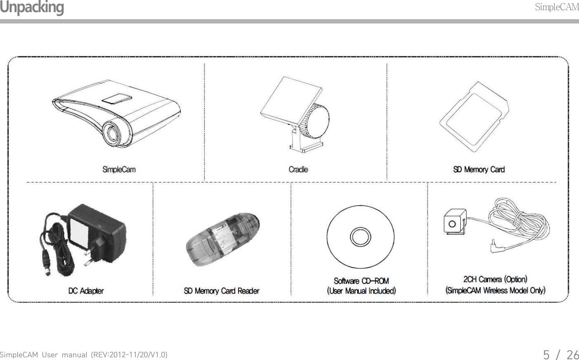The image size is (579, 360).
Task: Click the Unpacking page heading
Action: click(32, 7)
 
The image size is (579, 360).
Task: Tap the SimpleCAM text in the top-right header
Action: click(556, 7)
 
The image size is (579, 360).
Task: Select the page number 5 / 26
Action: click(560, 354)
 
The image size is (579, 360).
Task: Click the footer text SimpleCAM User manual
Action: click(84, 355)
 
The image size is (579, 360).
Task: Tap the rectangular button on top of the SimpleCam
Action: click(116, 98)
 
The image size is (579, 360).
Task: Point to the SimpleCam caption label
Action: click(119, 169)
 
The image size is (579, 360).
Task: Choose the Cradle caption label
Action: click(298, 169)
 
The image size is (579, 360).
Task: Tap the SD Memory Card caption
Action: click(479, 169)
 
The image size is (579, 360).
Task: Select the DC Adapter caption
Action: click(86, 291)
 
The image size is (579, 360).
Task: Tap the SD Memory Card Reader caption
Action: click(222, 291)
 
